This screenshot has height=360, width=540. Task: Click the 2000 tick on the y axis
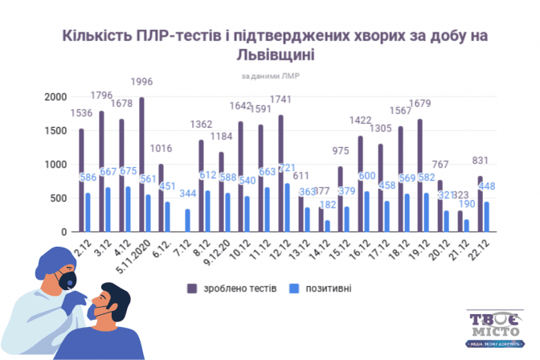point(55,96)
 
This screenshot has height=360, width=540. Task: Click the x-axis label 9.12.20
point(217,250)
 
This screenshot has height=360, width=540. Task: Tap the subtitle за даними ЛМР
point(270,76)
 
